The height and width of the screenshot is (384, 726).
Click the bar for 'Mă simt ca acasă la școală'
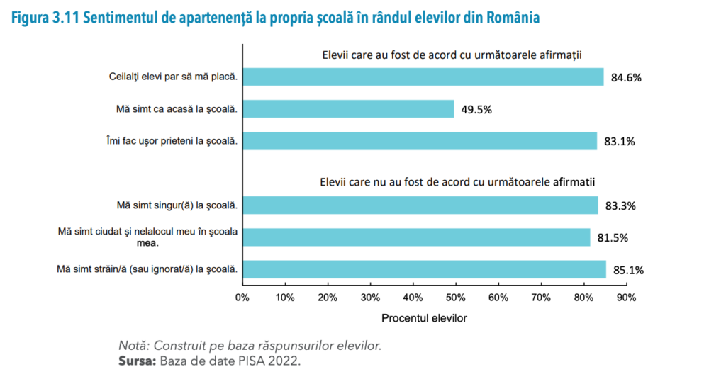348,108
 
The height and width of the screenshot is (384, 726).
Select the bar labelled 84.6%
423,77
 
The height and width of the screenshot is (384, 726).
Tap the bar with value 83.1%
420,141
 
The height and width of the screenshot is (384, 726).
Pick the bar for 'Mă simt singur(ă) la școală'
420,205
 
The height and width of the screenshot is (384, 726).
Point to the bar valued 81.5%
416,237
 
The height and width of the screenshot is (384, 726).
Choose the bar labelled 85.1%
424,269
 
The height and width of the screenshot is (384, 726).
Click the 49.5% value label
476,109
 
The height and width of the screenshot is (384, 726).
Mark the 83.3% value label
620,206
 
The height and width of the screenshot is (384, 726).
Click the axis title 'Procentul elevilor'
424,319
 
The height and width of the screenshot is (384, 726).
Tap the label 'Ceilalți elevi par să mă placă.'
168,77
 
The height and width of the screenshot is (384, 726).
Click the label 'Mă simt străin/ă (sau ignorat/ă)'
147,269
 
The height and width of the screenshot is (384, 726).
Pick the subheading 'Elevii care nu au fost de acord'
457,182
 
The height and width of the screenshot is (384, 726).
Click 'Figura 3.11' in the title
43,18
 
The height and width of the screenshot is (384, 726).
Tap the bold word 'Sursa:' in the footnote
137,362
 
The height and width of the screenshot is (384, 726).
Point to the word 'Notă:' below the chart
135,346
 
